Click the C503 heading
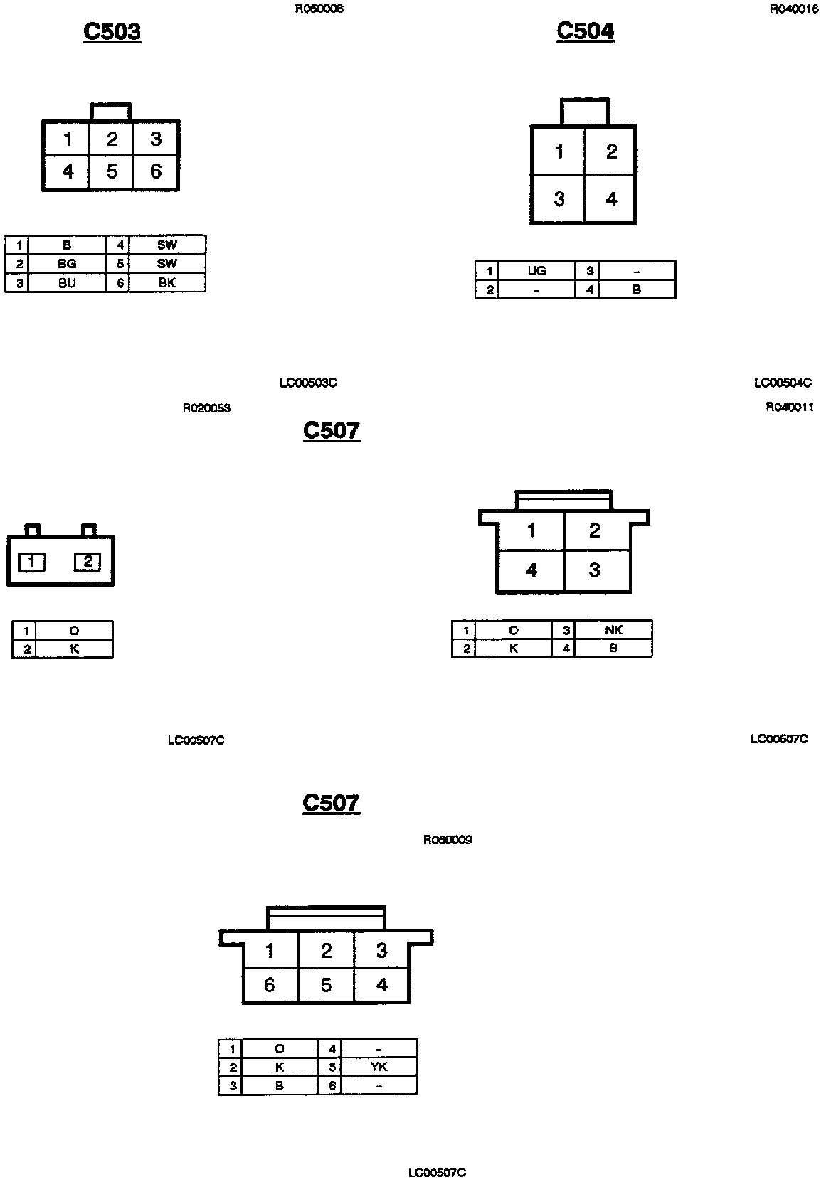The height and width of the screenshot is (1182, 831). pyautogui.click(x=112, y=31)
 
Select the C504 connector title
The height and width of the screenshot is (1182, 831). pyautogui.click(x=585, y=31)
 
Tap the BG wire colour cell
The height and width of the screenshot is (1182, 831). pyautogui.click(x=67, y=264)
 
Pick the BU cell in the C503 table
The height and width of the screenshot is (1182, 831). pyautogui.click(x=67, y=282)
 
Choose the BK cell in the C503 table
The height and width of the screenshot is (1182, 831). pyautogui.click(x=167, y=282)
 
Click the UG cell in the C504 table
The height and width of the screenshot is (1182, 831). pyautogui.click(x=536, y=271)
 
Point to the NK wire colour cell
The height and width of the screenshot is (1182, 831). pyautogui.click(x=613, y=630)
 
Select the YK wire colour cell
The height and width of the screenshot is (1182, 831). pyautogui.click(x=379, y=1067)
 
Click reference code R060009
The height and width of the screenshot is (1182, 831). pyautogui.click(x=448, y=840)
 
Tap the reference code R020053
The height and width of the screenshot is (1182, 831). pyautogui.click(x=206, y=408)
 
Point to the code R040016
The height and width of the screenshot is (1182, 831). pyautogui.click(x=794, y=9)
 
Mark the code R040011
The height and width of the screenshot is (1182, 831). pyautogui.click(x=789, y=408)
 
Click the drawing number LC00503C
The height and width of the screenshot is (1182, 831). pyautogui.click(x=308, y=383)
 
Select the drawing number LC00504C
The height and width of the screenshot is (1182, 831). pyautogui.click(x=783, y=383)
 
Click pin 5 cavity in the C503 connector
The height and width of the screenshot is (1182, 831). pyautogui.click(x=112, y=171)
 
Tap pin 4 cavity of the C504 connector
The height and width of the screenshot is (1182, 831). pyautogui.click(x=611, y=199)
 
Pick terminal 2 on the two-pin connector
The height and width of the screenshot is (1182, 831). pyautogui.click(x=88, y=562)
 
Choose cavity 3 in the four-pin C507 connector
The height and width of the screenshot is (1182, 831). pyautogui.click(x=595, y=570)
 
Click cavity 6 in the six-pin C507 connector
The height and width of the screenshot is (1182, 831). pyautogui.click(x=269, y=985)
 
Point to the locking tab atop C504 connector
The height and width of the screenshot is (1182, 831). pyautogui.click(x=585, y=112)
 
